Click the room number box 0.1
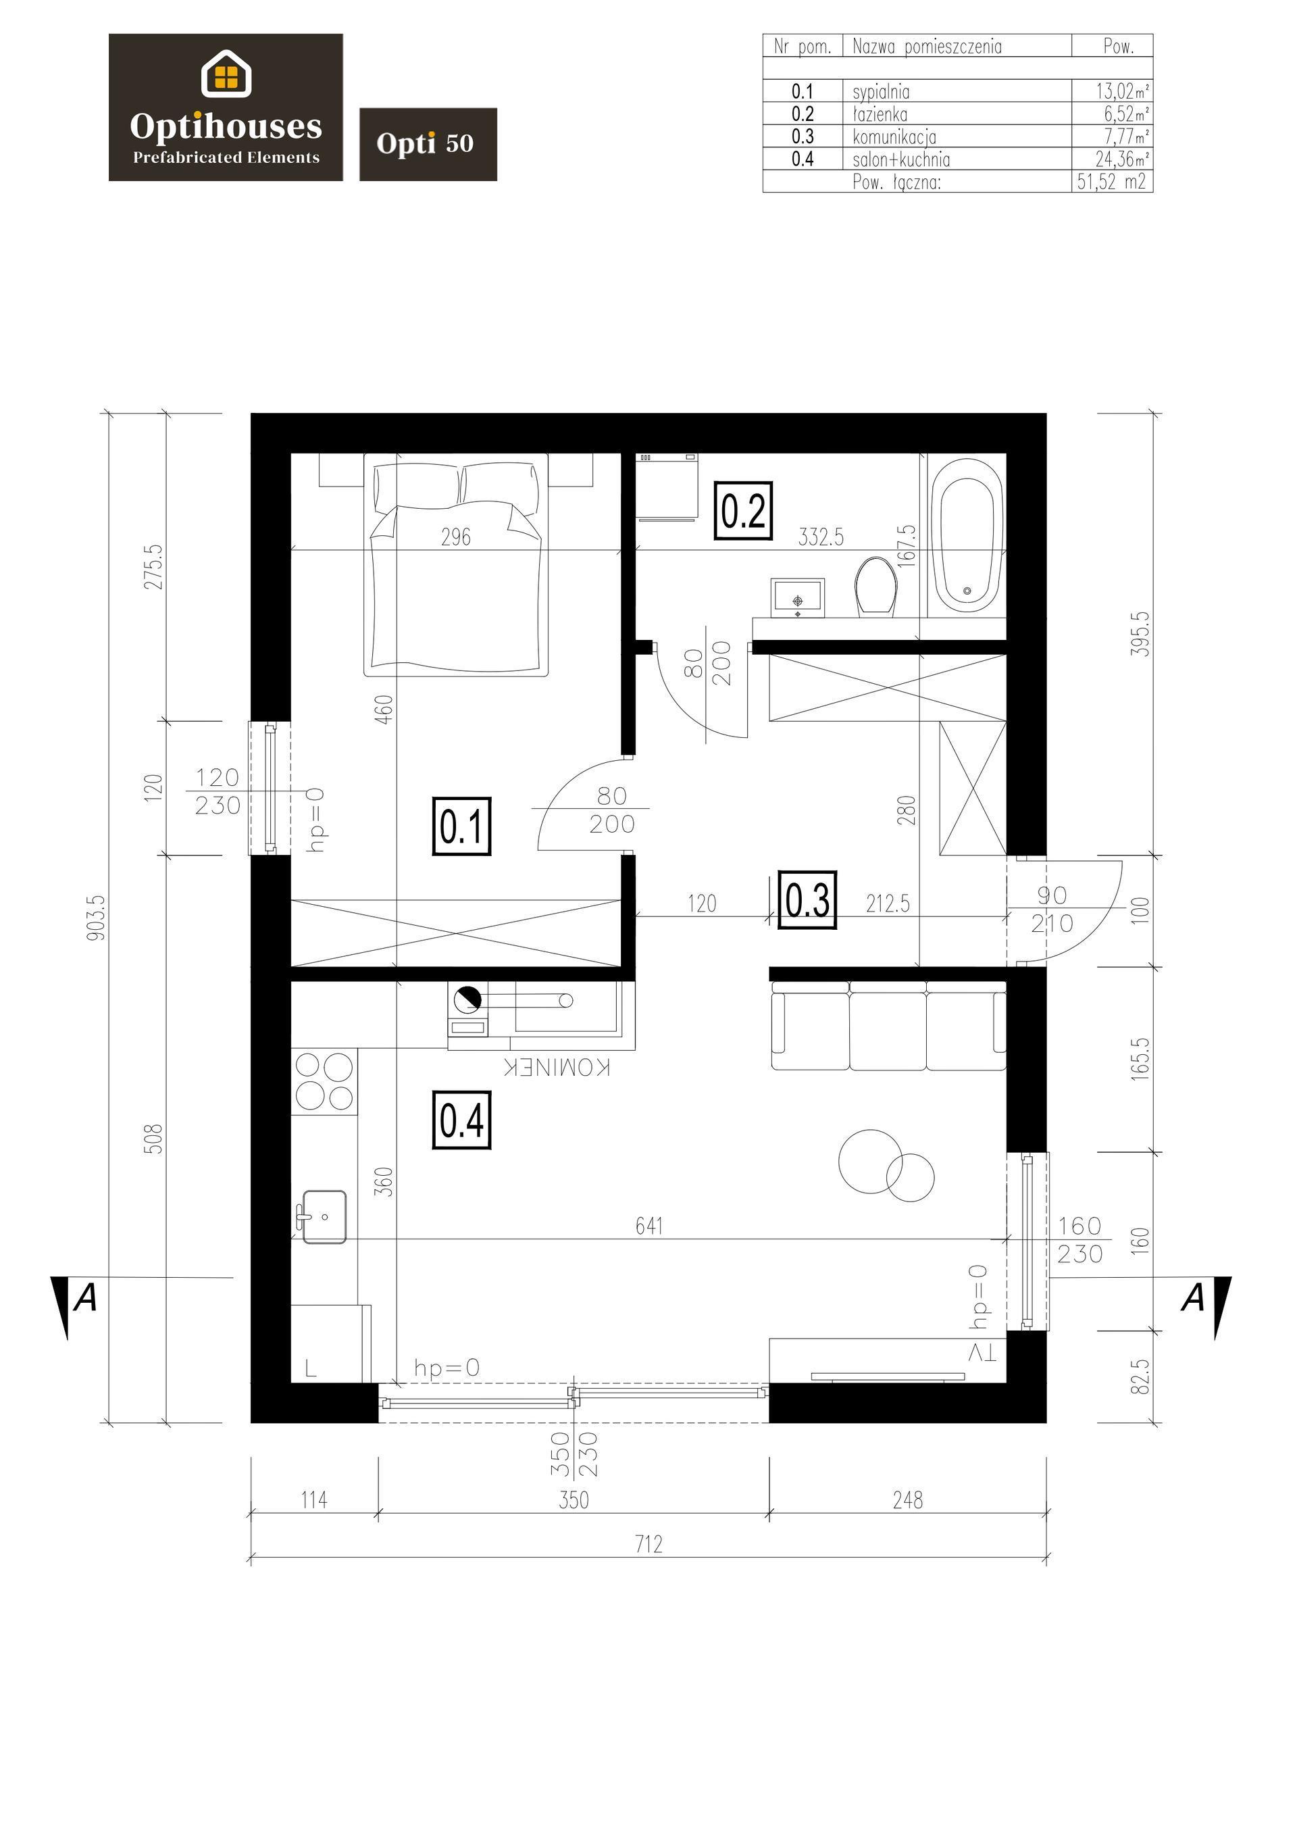point(461,826)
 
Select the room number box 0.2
point(744,510)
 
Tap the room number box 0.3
point(808,899)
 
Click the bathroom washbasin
point(797,598)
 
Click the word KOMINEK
point(557,1068)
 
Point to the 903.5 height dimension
point(97,917)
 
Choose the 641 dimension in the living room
point(648,1225)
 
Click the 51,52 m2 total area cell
point(1111,182)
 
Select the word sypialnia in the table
point(881,92)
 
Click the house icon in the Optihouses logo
point(226,74)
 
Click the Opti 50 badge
point(428,144)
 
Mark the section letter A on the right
point(1192,1297)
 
